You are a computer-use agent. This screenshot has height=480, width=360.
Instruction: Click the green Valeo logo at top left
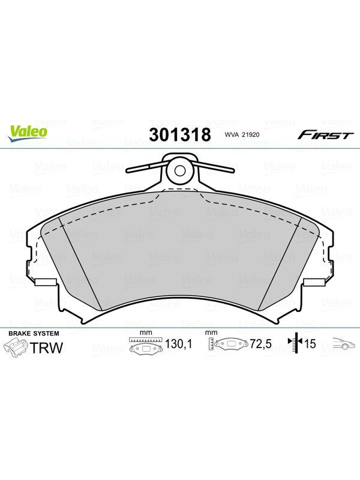coord(28,134)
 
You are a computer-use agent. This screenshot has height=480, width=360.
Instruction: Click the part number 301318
coord(180,134)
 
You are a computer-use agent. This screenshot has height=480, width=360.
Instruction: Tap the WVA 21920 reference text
coord(238,134)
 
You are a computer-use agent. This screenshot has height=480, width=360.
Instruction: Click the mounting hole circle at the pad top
coord(179,171)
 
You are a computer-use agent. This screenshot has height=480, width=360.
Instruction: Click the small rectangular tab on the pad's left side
coord(46,282)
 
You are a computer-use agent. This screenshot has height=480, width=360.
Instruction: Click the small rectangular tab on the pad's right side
coord(314,282)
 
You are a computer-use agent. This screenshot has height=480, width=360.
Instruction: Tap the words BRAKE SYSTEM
coord(34,334)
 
